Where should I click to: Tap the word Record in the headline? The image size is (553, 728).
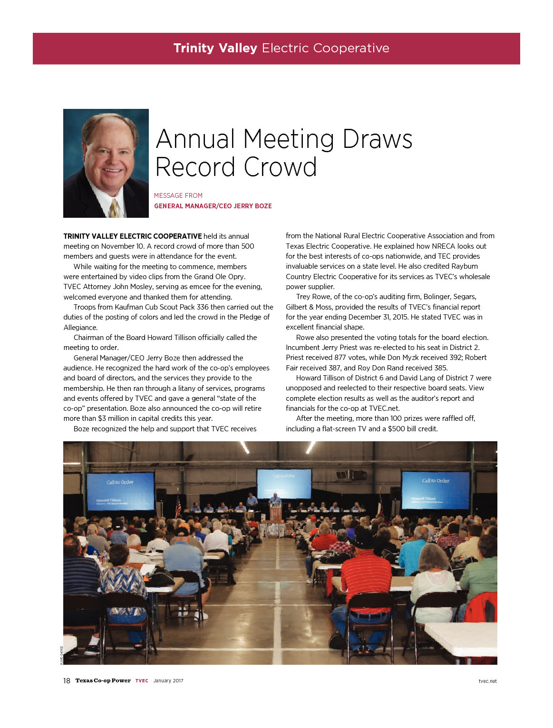point(195,167)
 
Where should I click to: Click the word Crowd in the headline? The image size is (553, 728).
point(280,167)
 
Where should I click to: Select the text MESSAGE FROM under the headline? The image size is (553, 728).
point(178,195)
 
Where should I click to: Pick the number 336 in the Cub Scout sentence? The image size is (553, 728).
point(203,307)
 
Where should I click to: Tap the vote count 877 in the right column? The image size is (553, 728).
point(340,358)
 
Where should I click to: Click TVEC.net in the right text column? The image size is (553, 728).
point(384,408)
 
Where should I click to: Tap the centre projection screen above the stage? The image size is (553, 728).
point(284,483)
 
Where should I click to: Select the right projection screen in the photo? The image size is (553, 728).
point(435,490)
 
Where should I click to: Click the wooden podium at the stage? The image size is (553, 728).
point(276,512)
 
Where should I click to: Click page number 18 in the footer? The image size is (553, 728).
point(67,681)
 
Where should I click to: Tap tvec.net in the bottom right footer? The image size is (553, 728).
point(487,681)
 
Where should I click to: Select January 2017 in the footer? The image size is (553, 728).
point(168,681)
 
